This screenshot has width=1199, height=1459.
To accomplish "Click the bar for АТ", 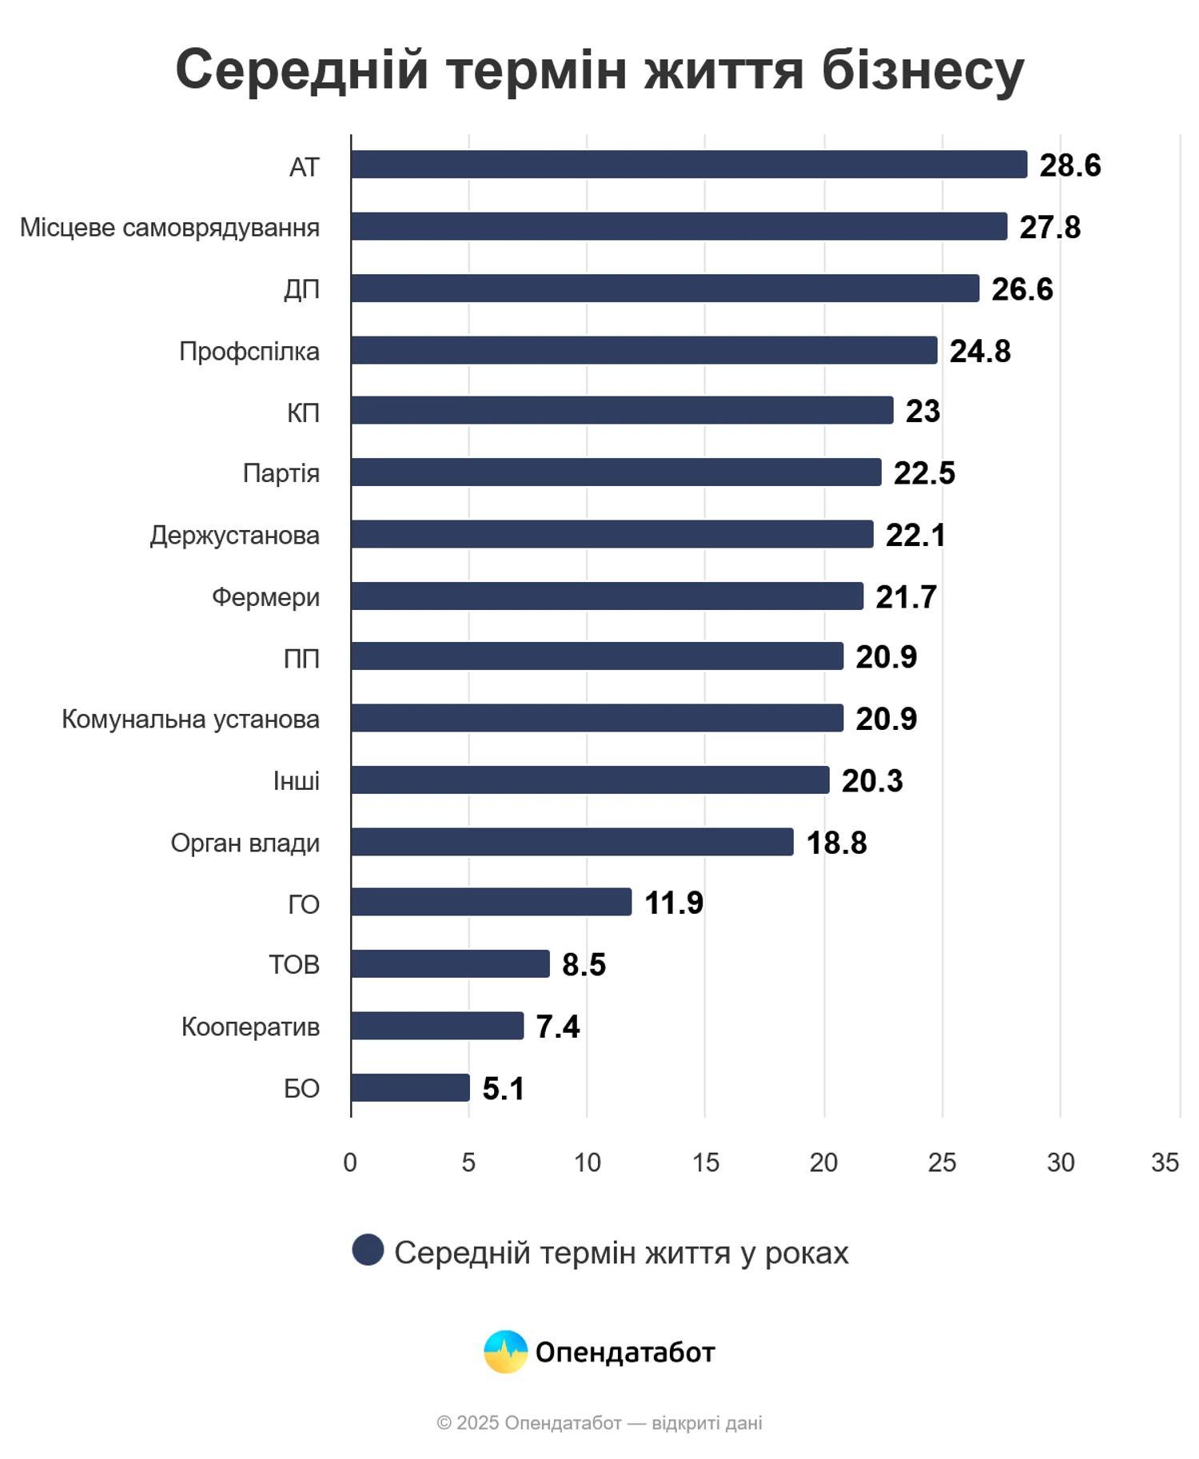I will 688,165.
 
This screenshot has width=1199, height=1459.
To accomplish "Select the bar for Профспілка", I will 643,350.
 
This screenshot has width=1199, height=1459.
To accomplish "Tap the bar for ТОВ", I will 450,963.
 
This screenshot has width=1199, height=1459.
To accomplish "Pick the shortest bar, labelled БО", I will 410,1087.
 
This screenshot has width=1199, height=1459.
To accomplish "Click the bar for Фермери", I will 607,596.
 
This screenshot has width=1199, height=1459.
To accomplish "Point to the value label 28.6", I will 1070,165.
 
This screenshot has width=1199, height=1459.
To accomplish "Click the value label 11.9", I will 673,903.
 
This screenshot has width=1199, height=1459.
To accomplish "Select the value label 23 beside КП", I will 922,411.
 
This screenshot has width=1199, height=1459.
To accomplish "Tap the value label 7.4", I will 557,1026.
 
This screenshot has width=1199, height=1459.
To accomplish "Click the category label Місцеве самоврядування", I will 169,228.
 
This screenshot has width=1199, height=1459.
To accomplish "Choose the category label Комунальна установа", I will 190,720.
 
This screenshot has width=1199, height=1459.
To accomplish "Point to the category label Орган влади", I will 245,843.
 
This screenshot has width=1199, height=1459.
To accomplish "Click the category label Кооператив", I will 250,1026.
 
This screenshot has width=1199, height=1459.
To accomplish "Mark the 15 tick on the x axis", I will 705,1162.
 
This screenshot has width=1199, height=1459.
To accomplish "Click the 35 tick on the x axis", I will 1165,1162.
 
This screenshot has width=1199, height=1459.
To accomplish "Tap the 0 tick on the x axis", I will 350,1162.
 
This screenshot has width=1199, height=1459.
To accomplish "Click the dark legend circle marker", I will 368,1250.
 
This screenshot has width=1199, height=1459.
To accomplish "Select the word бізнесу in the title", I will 922,70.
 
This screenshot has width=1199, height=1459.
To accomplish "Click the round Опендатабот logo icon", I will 505,1351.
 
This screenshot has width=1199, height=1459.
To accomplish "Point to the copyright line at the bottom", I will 599,1423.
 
